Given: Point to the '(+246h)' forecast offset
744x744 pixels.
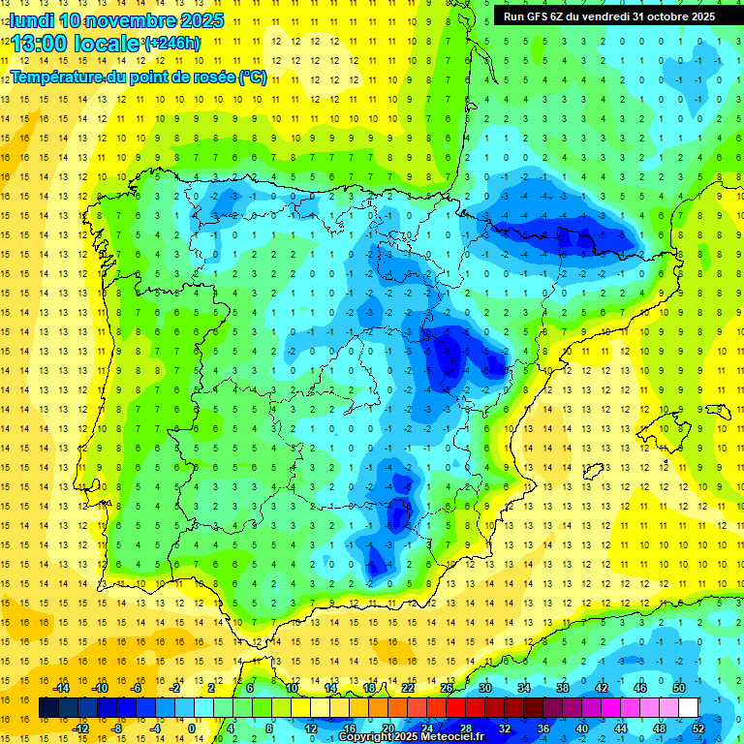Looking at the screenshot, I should click(x=171, y=43).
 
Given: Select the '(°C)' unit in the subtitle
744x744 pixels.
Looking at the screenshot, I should click(x=252, y=77).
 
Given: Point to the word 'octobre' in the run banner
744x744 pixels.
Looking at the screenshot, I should click(x=663, y=15).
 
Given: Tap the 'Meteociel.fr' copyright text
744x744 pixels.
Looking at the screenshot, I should click(x=449, y=737).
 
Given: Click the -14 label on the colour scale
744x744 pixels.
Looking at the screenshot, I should click(x=63, y=687).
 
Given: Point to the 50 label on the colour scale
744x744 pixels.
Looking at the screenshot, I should click(x=679, y=687).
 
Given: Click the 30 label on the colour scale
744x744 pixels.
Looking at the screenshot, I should click(x=485, y=687).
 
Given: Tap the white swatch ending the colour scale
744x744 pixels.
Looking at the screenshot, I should click(x=689, y=707).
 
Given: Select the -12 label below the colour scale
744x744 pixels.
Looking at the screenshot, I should click(x=81, y=728).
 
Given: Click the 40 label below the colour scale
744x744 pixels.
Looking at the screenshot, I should click(x=581, y=728).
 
